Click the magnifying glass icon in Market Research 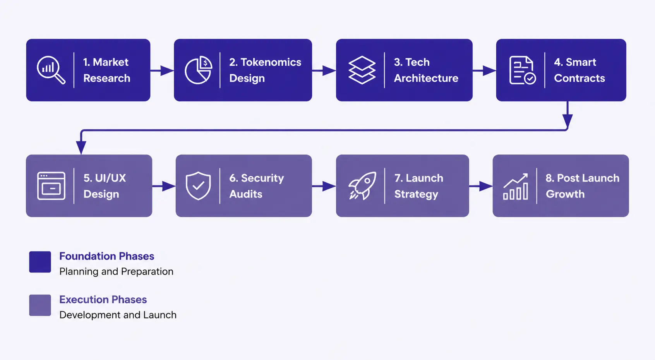click(51, 70)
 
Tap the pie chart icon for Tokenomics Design click(198, 70)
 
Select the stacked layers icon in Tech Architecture click(362, 70)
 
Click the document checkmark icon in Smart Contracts click(522, 70)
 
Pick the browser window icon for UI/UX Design click(51, 186)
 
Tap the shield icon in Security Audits click(198, 186)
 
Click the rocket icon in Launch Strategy click(362, 186)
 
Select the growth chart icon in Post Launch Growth click(515, 187)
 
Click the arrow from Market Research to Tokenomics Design click(162, 70)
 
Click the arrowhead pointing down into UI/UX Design click(81, 147)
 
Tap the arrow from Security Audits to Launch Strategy click(324, 186)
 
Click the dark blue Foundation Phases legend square click(40, 262)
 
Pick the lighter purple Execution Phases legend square click(40, 305)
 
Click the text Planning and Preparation click(116, 271)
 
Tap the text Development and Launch click(118, 315)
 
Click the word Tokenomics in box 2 click(271, 62)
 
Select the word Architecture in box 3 click(426, 78)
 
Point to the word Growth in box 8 click(565, 194)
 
